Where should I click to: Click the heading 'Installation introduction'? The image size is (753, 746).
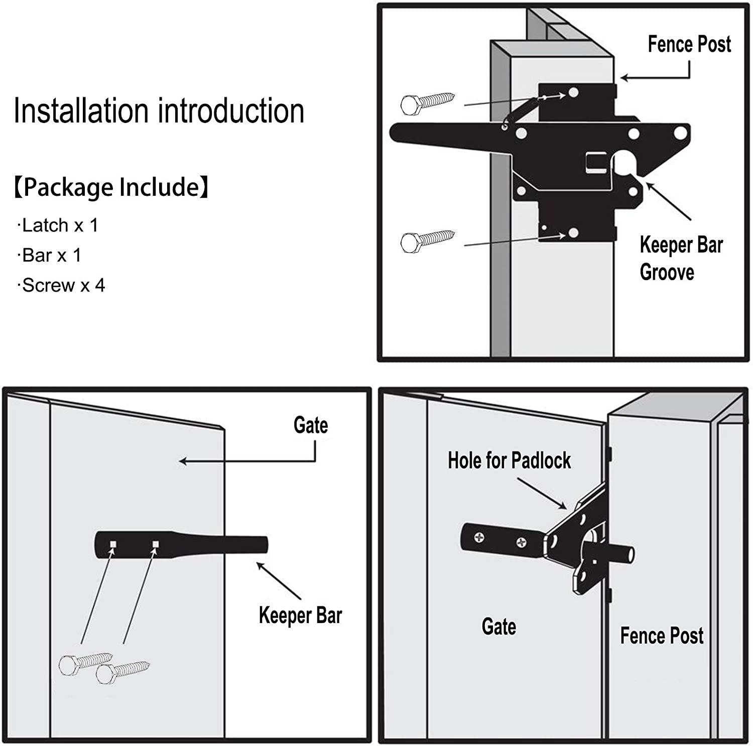[159, 111]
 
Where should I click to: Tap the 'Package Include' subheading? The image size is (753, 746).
[111, 187]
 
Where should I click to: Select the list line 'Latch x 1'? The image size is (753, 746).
[58, 225]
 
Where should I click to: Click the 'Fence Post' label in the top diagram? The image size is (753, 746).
[689, 44]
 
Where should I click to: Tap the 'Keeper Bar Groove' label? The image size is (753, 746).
[680, 259]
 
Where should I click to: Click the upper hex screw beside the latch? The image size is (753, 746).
[427, 102]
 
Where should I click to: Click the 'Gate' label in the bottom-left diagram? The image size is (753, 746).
[311, 425]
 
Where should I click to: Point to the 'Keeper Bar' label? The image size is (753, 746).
[300, 615]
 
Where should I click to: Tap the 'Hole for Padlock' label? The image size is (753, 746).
[509, 460]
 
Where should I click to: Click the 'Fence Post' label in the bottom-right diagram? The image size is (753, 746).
[661, 636]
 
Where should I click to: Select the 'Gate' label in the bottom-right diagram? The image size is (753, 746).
[498, 627]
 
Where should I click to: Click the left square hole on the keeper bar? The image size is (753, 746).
[113, 544]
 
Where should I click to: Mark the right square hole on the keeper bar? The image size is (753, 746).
[156, 544]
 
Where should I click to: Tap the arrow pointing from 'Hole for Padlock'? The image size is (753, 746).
[542, 493]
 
